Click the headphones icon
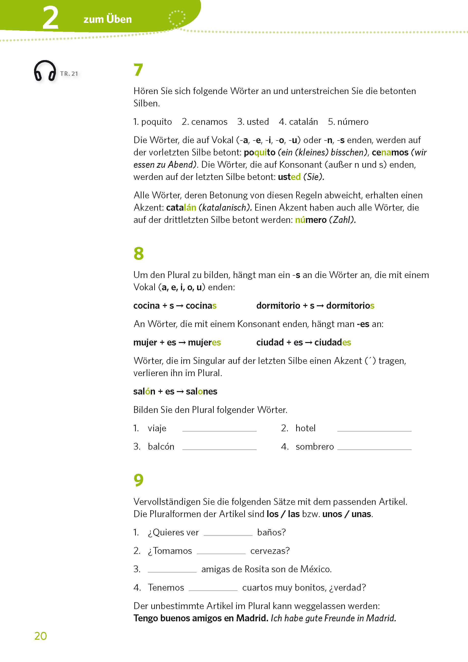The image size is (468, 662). click(45, 71)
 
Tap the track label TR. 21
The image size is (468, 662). click(69, 74)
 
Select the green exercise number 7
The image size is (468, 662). click(139, 70)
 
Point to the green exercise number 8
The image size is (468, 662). click(139, 254)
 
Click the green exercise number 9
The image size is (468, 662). click(139, 480)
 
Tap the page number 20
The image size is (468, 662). click(40, 636)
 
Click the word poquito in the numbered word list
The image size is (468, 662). click(157, 122)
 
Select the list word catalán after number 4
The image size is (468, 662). click(303, 122)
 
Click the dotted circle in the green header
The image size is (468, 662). click(177, 18)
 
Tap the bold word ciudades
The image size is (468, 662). click(332, 343)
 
